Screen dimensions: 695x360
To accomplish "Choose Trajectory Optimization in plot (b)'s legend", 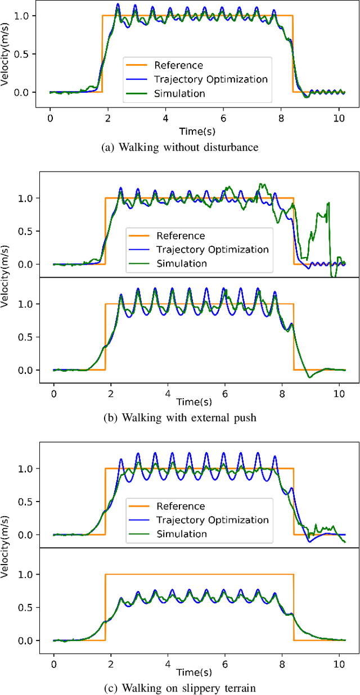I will pyautogui.click(x=213, y=249).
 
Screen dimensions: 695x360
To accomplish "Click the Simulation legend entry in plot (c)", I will pyautogui.click(x=182, y=534).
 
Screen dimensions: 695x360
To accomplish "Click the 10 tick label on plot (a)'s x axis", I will pyautogui.click(x=338, y=119).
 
